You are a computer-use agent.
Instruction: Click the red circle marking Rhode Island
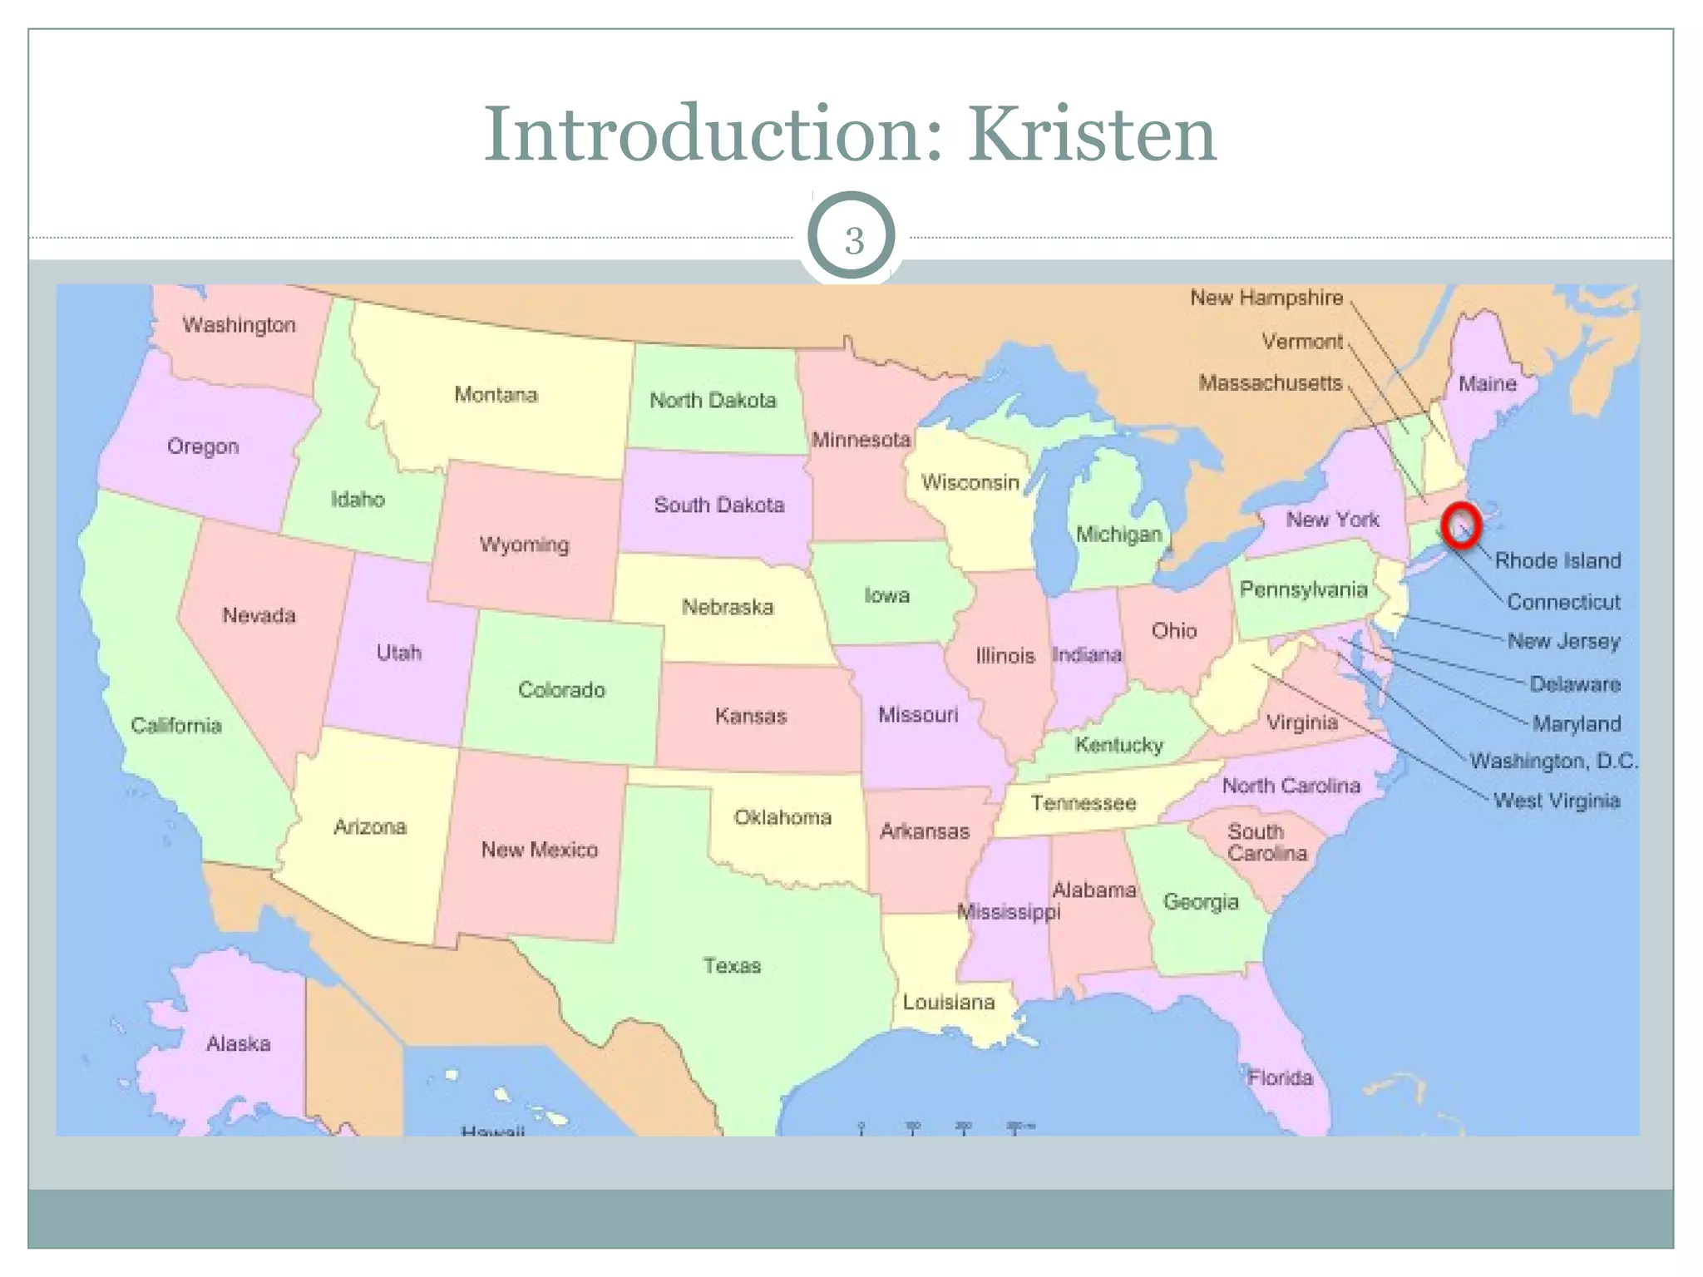coord(1461,526)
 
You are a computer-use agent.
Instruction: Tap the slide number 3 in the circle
coord(853,240)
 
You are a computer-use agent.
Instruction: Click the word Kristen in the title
coord(1091,135)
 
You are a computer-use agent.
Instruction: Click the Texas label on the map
coord(732,965)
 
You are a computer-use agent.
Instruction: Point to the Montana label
coord(496,394)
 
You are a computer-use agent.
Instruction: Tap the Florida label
coord(1280,1077)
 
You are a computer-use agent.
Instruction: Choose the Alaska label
coord(239,1043)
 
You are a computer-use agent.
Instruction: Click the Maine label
coord(1487,383)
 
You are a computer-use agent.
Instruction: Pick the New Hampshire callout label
coord(1266,298)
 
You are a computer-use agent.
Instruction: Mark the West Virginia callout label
coord(1556,801)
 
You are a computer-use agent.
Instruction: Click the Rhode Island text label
coord(1557,560)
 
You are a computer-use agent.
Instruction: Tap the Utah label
coord(398,653)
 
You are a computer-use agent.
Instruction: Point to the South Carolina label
coord(1266,842)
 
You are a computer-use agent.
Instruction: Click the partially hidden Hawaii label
coord(493,1132)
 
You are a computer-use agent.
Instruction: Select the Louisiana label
coord(949,1002)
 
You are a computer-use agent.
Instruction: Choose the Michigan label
coord(1118,534)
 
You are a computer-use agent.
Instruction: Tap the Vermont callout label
coord(1301,341)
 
